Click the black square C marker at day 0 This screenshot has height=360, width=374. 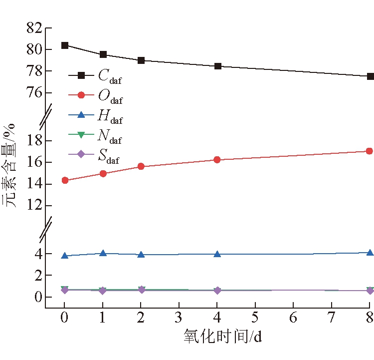pos(65,45)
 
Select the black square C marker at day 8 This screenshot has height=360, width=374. pos(370,76)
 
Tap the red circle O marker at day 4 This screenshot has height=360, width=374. pos(217,160)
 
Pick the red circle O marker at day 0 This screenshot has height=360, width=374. pos(65,180)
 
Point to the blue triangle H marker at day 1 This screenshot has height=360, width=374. pos(103,253)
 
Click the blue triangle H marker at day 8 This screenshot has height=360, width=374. pos(370,253)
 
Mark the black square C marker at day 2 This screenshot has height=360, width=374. pos(141,60)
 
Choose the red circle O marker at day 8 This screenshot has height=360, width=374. pos(370,151)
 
